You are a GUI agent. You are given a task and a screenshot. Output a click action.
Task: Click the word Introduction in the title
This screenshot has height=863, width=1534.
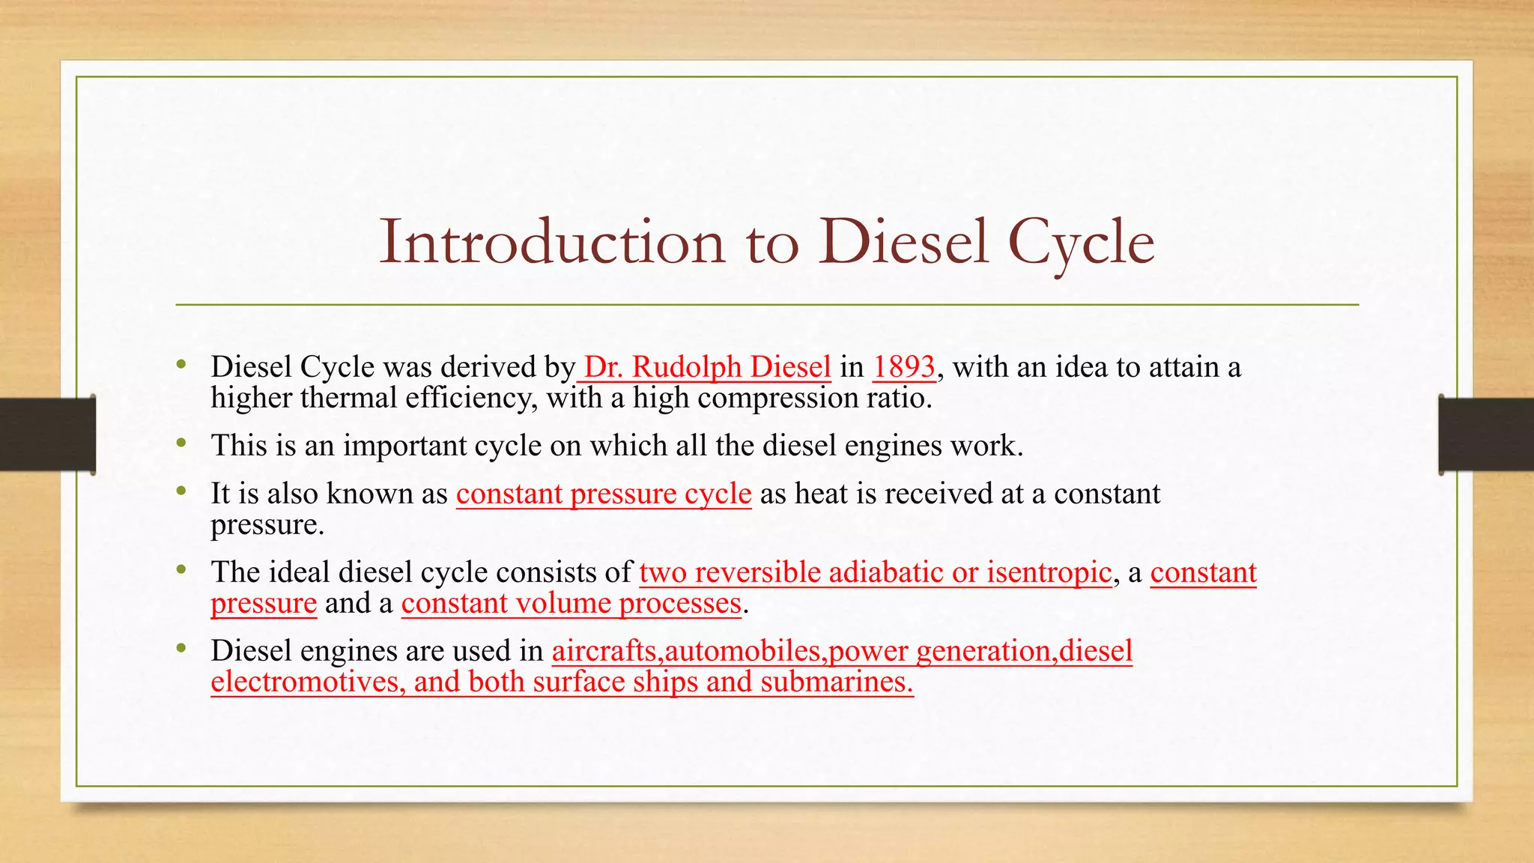[552, 242]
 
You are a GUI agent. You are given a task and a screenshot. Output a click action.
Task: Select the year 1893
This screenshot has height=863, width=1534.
[904, 367]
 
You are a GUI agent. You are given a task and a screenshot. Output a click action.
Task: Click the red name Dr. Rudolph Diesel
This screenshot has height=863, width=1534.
[707, 367]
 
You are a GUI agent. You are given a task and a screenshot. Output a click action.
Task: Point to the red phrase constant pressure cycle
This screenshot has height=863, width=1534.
[604, 494]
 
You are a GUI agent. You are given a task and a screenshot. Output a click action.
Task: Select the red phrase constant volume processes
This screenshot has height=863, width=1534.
[571, 604]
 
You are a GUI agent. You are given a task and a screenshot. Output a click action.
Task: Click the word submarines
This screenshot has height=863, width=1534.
[837, 682]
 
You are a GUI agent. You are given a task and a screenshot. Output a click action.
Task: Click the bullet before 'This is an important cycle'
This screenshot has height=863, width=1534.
[181, 443]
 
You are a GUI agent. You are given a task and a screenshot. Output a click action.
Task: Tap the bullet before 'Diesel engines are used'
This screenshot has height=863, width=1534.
[181, 649]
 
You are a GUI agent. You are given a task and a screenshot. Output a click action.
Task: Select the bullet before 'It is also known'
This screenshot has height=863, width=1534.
[181, 492]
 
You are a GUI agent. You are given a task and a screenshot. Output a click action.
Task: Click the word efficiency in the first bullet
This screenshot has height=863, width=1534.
[472, 398]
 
